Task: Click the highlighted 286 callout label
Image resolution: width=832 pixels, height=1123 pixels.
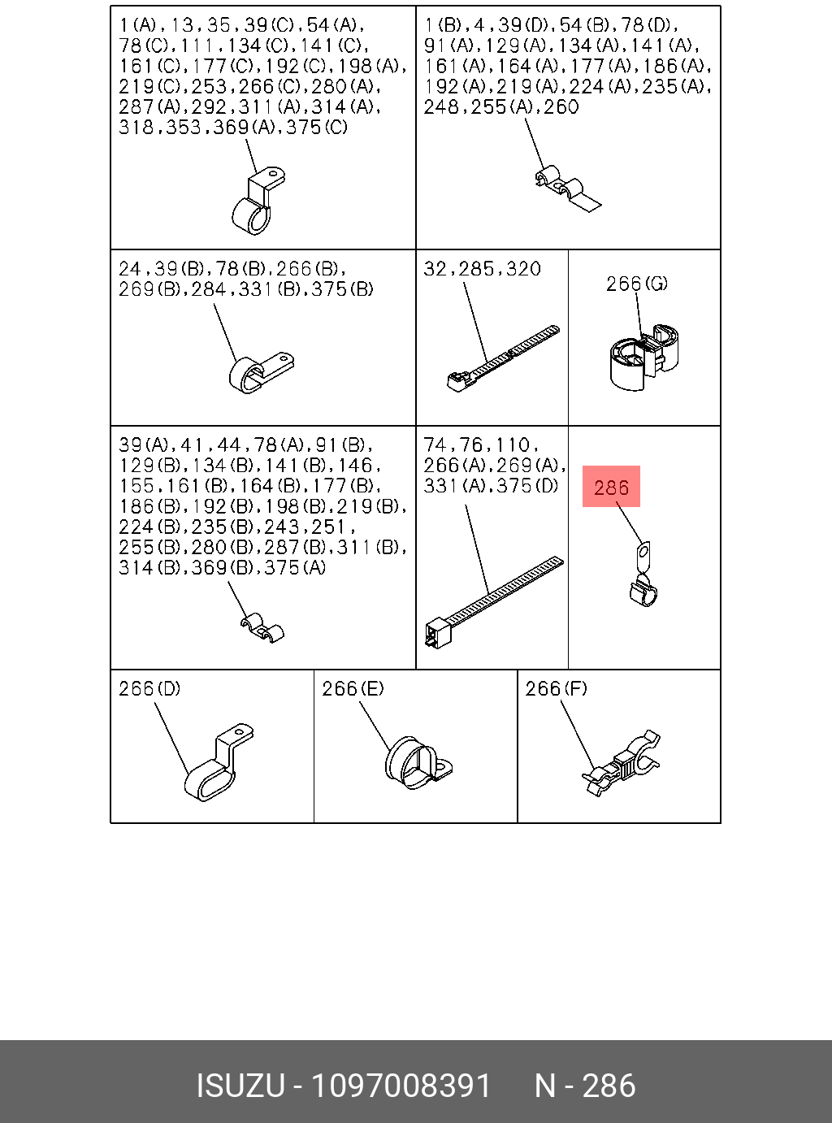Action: tap(611, 487)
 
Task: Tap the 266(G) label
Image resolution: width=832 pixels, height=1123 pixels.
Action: tap(636, 283)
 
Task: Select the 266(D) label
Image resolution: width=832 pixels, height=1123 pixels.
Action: tap(149, 688)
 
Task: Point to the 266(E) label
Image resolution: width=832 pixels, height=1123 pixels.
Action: tap(353, 688)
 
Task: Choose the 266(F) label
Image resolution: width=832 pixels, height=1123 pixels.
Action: tap(556, 688)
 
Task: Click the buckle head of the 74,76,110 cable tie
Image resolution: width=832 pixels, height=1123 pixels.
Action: tap(437, 632)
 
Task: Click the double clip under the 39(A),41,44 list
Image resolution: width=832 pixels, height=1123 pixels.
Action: tap(262, 627)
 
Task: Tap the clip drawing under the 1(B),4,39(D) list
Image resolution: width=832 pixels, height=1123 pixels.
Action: tap(566, 190)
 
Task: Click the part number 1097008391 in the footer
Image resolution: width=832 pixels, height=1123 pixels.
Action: tap(401, 1086)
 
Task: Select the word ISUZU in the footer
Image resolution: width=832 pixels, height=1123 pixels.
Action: tap(240, 1086)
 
